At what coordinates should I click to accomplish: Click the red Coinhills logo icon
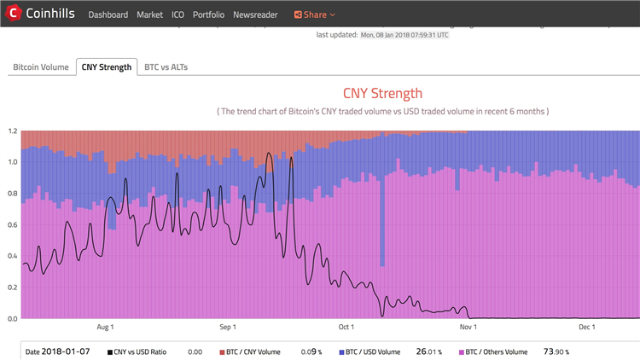[x=13, y=15]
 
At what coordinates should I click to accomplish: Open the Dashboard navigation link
[x=108, y=15]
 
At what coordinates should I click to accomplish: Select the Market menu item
[x=149, y=15]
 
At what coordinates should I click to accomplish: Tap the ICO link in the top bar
[x=178, y=15]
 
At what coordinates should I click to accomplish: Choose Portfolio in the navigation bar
[x=209, y=15]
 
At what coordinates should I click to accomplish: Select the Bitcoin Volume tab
[x=40, y=67]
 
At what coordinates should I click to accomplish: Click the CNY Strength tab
[x=107, y=67]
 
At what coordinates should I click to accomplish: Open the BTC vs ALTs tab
[x=166, y=67]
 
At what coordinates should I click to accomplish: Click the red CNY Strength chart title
[x=382, y=93]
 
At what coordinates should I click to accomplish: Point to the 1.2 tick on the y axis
[x=12, y=131]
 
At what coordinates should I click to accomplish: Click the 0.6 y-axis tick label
[x=12, y=224]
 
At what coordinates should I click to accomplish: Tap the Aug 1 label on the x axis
[x=106, y=327]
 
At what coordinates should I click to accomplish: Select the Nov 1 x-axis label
[x=468, y=327]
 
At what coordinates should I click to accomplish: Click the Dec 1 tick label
[x=587, y=327]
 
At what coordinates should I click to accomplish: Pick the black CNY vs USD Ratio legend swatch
[x=110, y=351]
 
